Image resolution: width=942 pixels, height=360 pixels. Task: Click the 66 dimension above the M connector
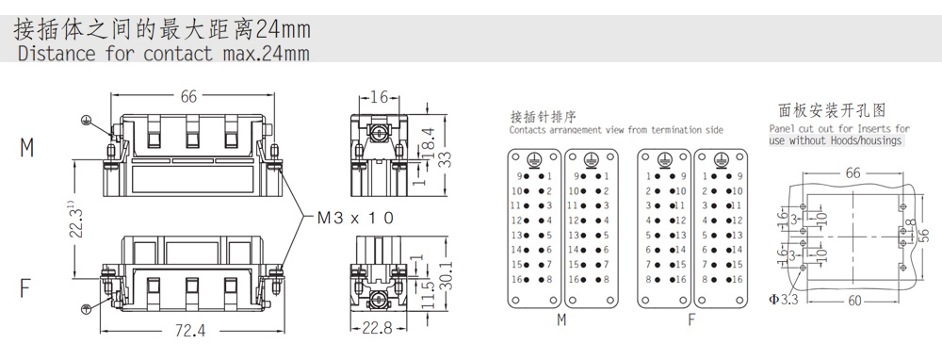(x=188, y=96)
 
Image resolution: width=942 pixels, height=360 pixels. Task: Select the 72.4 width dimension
(x=190, y=331)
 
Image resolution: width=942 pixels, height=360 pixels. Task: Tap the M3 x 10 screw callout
(x=355, y=218)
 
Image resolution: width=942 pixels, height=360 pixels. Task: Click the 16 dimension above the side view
(x=378, y=97)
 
